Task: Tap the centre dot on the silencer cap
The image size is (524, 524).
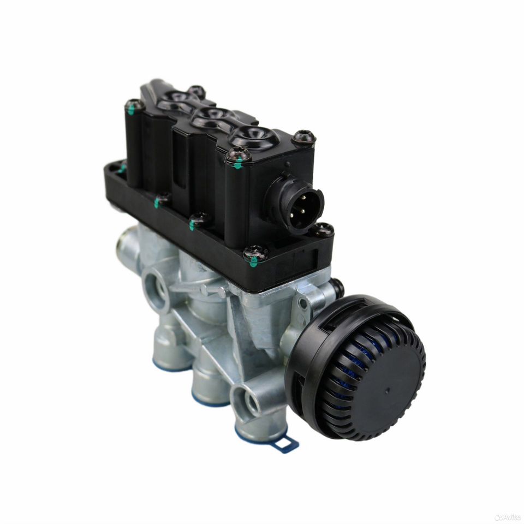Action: tap(388, 390)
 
